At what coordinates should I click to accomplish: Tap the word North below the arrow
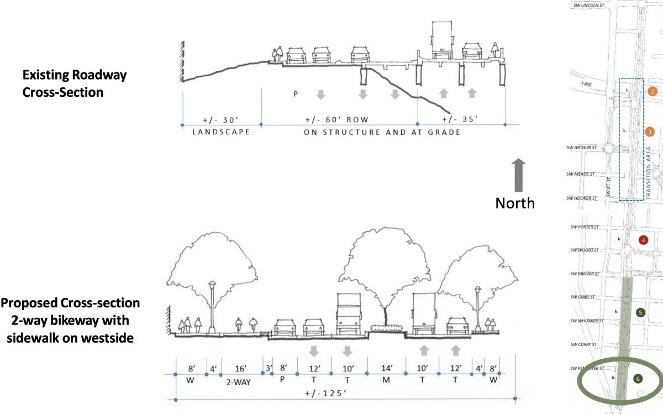pyautogui.click(x=515, y=203)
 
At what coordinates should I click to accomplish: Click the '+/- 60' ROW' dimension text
pyautogui.click(x=336, y=119)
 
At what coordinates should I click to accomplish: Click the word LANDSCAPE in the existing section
pyautogui.click(x=221, y=132)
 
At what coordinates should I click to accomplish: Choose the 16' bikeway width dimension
pyautogui.click(x=239, y=368)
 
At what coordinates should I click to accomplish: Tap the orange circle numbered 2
pyautogui.click(x=653, y=91)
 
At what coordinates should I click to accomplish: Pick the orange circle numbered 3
pyautogui.click(x=650, y=132)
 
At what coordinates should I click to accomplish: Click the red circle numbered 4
pyautogui.click(x=643, y=240)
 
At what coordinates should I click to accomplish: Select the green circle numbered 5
pyautogui.click(x=640, y=313)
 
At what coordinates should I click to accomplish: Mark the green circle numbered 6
pyautogui.click(x=638, y=379)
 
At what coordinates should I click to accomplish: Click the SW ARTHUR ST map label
pyautogui.click(x=583, y=148)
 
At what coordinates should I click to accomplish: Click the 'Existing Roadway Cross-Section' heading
pyautogui.click(x=74, y=83)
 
